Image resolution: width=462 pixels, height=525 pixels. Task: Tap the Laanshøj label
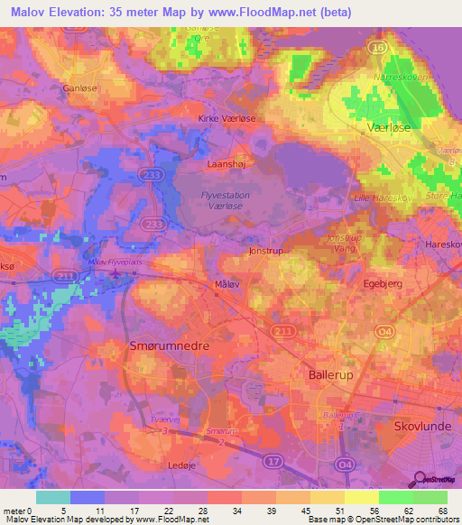(226, 165)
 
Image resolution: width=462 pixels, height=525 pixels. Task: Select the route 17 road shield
(271, 461)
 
